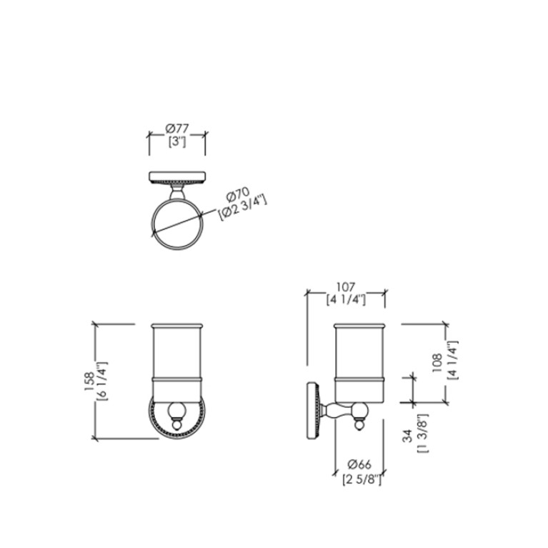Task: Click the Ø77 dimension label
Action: [177, 129]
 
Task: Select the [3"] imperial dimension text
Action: [177, 141]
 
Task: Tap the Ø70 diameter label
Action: [238, 194]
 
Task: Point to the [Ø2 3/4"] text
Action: [242, 209]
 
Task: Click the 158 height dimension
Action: [89, 382]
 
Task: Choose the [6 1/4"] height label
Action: [101, 382]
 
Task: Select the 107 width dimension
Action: [346, 287]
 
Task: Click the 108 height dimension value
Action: [437, 363]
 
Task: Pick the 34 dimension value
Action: [407, 436]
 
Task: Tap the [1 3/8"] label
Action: [422, 434]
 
